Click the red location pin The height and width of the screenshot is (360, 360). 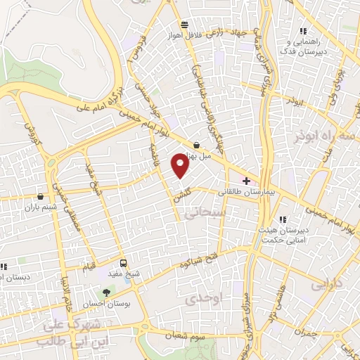[x=181, y=166]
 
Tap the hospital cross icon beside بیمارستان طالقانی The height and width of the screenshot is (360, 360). [x=245, y=181]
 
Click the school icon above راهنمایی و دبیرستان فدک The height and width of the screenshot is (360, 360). [x=303, y=30]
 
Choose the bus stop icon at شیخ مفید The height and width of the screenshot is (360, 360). [x=124, y=263]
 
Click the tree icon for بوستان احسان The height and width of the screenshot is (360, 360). [x=106, y=292]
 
